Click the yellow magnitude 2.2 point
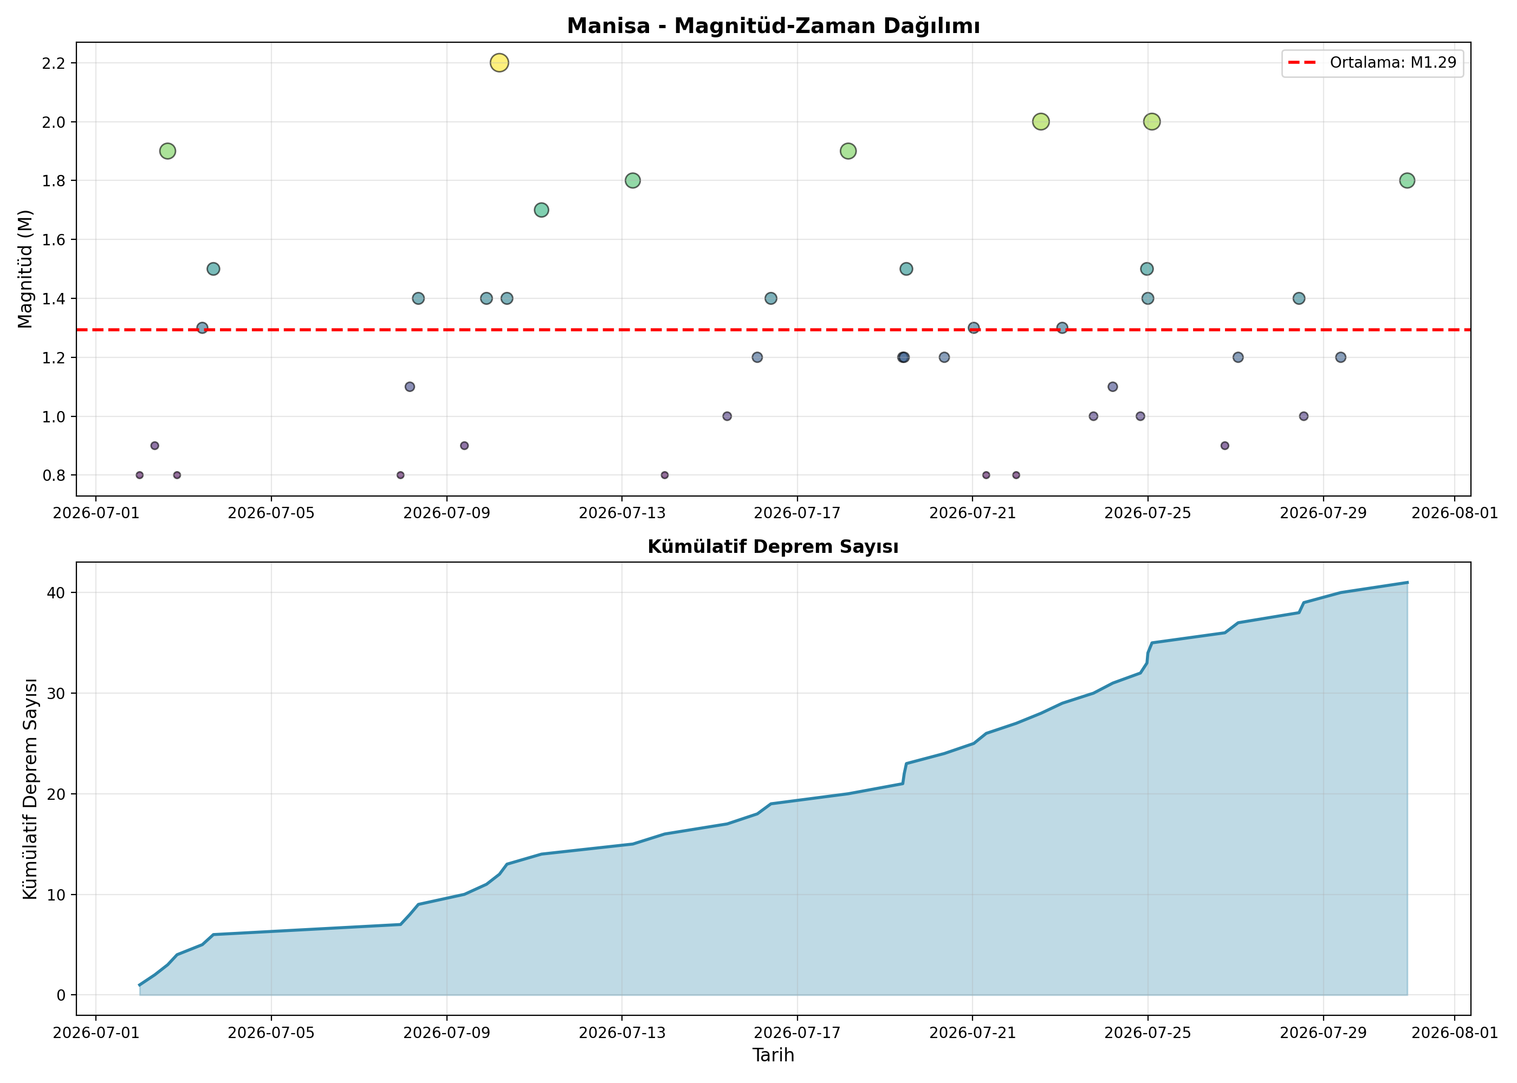[x=499, y=63]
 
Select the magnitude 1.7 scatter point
[x=542, y=210]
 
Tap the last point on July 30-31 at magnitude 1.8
[x=1407, y=180]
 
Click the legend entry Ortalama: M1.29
[x=1372, y=63]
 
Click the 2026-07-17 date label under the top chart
[x=797, y=513]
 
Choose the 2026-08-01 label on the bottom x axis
[x=1455, y=1033]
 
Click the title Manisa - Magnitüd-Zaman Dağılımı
[x=773, y=26]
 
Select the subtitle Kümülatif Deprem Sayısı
[x=773, y=547]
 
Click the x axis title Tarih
[x=773, y=1055]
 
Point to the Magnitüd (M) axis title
[x=25, y=270]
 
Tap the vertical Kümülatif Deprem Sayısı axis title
[x=30, y=789]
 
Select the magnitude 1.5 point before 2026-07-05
[x=213, y=269]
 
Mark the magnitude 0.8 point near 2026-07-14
[x=664, y=475]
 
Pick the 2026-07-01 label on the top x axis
[x=96, y=513]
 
